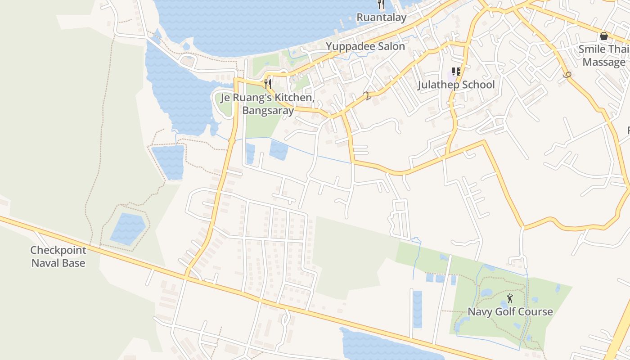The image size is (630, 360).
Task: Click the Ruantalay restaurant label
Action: click(x=381, y=18)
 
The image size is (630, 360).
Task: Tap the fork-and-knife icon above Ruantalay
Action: click(x=381, y=5)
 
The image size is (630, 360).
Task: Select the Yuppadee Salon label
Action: click(x=365, y=46)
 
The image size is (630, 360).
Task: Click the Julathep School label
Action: click(x=456, y=85)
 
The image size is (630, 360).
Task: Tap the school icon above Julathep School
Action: click(x=456, y=72)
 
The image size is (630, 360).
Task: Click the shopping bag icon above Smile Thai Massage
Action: click(x=604, y=36)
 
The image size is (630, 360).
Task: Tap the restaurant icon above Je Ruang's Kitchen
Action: click(x=268, y=84)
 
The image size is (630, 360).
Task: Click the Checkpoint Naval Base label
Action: click(x=58, y=256)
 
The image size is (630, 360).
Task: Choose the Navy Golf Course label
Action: click(x=510, y=311)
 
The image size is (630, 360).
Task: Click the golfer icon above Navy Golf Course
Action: click(x=510, y=298)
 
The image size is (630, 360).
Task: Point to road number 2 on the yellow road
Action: click(x=368, y=96)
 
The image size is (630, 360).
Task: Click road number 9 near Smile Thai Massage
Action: click(x=567, y=76)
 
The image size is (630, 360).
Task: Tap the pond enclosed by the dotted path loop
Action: click(x=128, y=228)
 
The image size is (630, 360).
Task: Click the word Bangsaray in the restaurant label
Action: click(x=268, y=110)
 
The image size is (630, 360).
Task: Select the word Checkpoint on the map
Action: click(x=58, y=250)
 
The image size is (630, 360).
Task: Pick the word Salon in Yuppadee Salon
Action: click(x=391, y=46)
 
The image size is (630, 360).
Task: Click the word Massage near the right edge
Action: click(x=604, y=62)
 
